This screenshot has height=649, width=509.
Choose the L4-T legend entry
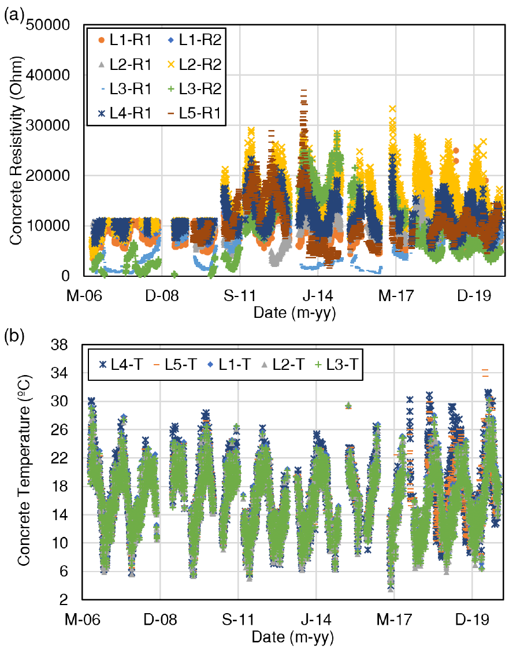point(120,365)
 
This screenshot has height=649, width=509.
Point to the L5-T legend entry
point(174,365)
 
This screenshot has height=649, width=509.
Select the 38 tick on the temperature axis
point(59,345)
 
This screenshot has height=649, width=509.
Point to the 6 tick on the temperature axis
point(64,572)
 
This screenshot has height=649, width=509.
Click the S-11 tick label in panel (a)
point(240,296)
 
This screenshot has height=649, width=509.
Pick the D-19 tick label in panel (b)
point(472,620)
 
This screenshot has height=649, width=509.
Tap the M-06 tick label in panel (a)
point(84,296)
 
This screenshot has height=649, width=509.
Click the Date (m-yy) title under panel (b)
point(293,636)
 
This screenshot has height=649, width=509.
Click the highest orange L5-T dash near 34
point(485,370)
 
